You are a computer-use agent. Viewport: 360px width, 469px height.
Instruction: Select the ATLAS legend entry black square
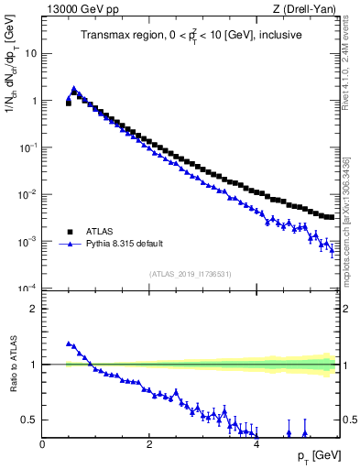[x=69, y=232]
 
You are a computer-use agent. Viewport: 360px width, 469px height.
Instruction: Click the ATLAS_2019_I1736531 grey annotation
[x=191, y=273]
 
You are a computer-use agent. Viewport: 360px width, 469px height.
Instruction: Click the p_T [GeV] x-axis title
[x=314, y=456]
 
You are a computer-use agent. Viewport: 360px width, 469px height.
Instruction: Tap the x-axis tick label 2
[x=149, y=445]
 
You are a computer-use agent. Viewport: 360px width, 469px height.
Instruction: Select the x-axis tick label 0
[x=42, y=445]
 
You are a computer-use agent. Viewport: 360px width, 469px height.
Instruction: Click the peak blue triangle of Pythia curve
[x=74, y=89]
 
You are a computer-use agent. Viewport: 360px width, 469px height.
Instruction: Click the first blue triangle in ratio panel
[x=69, y=344]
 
